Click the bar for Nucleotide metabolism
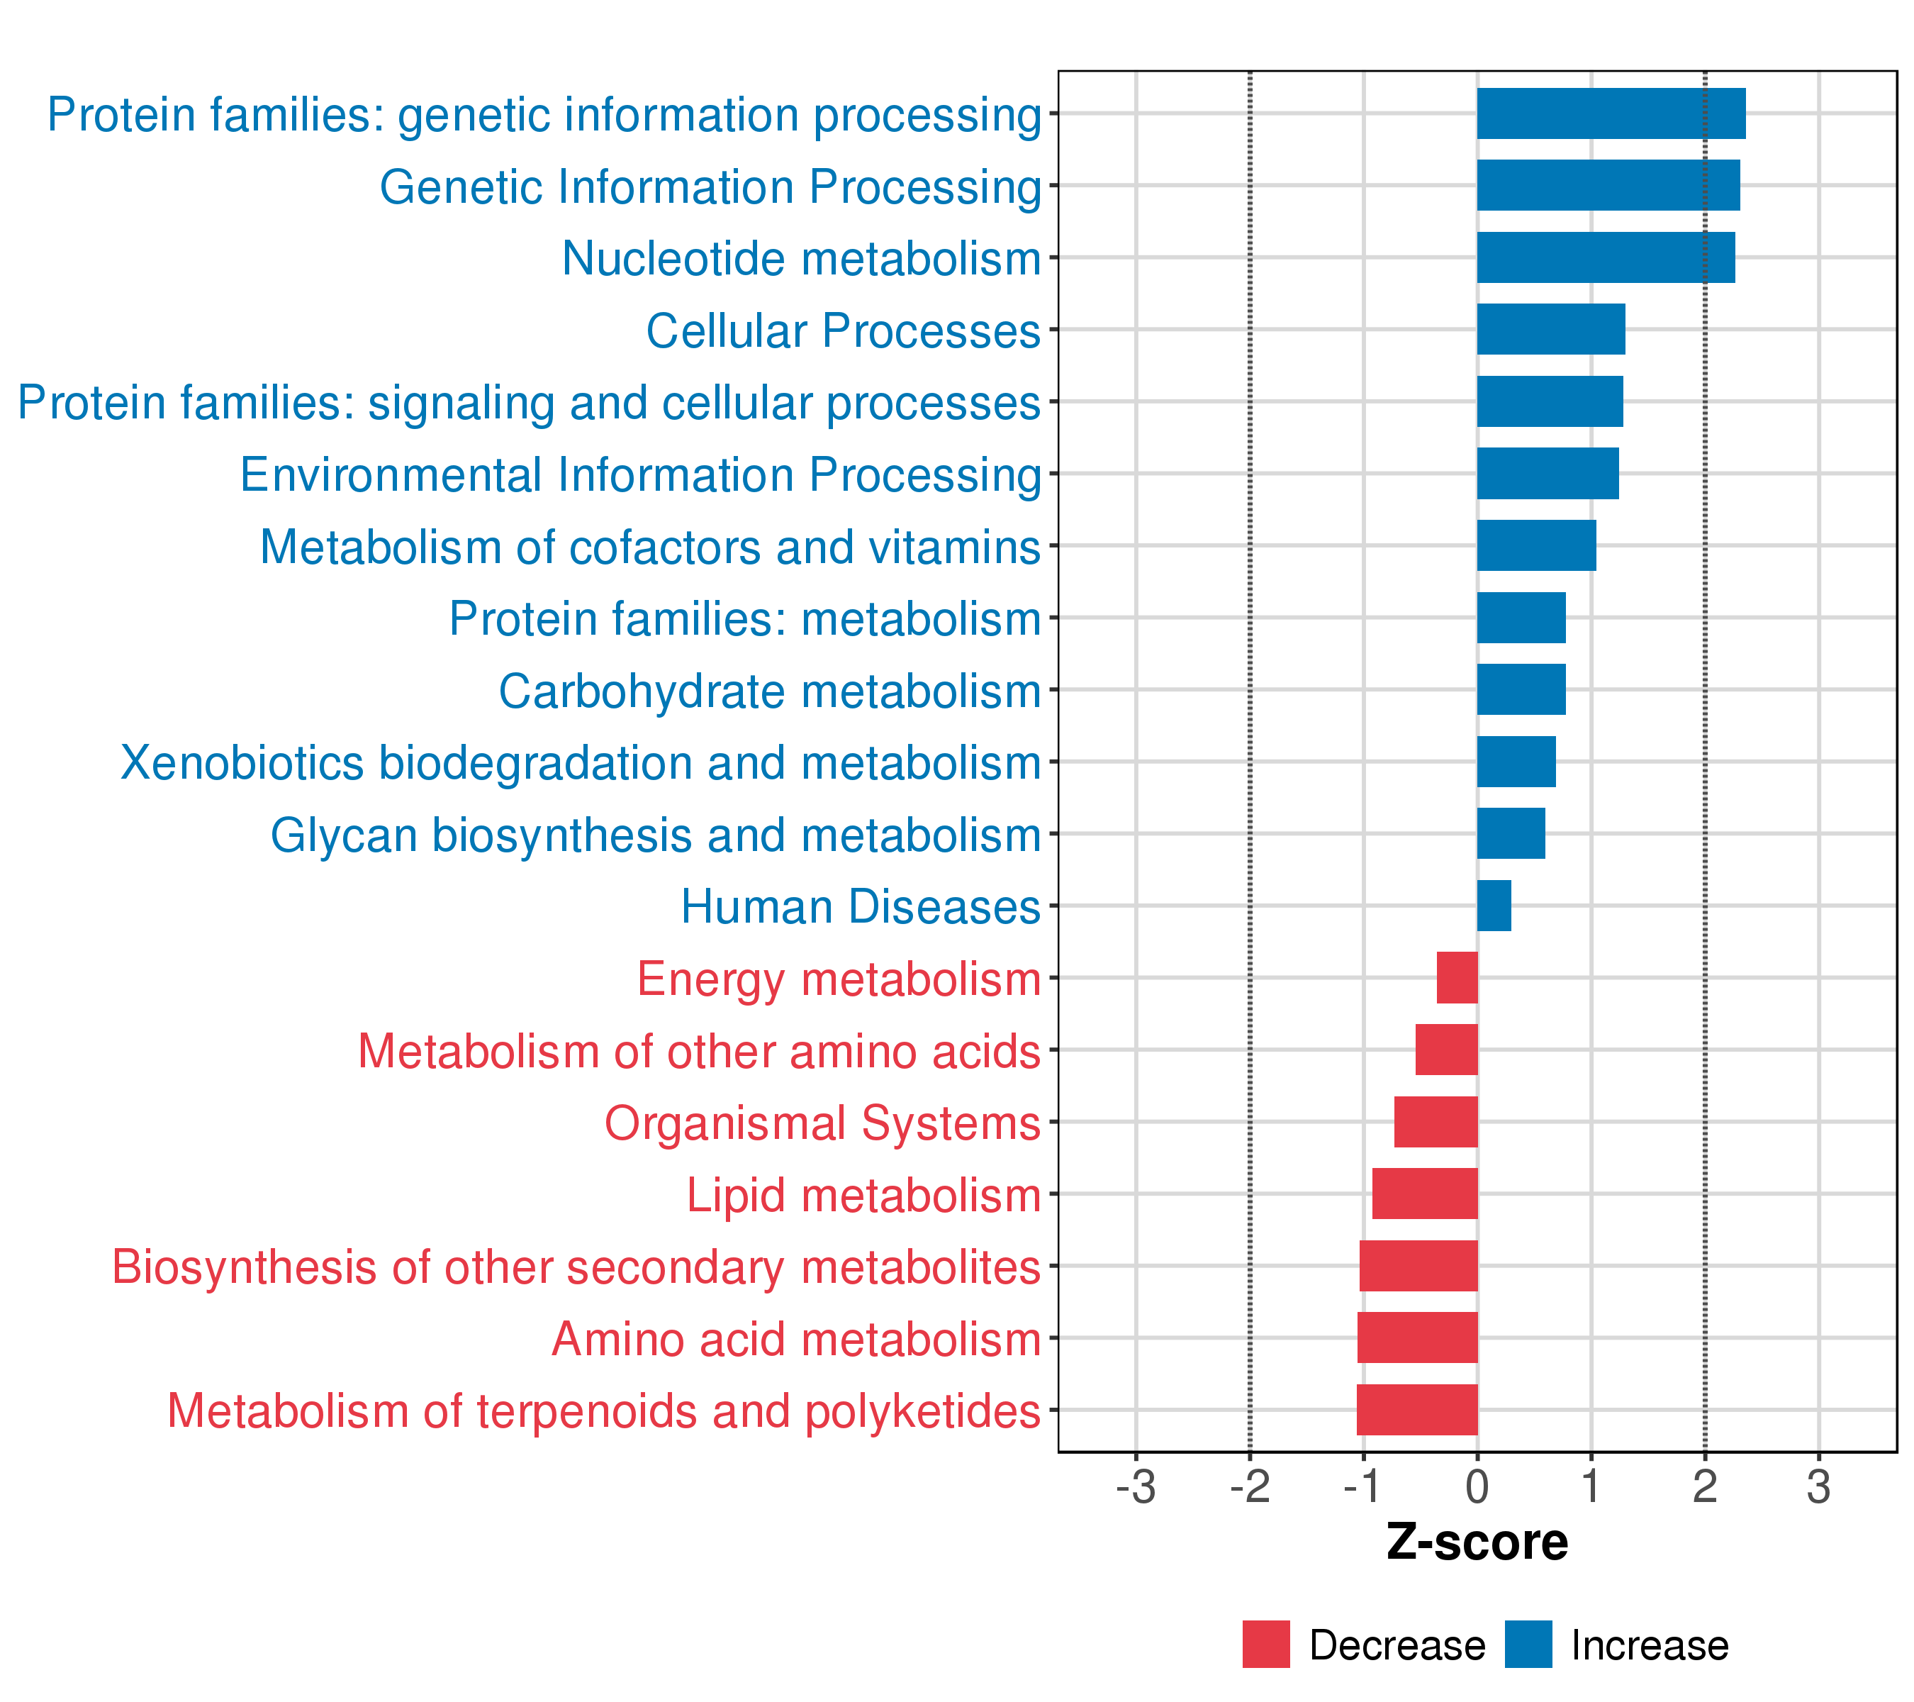1605,257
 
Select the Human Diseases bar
1494,906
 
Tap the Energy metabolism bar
1457,978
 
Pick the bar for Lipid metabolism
1424,1194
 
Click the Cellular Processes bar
1550,330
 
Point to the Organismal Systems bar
1435,1122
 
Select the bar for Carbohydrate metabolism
1521,689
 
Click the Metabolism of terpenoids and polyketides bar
1417,1410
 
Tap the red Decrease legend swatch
1266,1644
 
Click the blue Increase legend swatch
1528,1644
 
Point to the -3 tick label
1135,1489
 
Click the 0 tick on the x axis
1477,1489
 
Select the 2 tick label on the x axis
1704,1489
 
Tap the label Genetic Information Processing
710,187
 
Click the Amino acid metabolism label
796,1340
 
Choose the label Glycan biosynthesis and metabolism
656,835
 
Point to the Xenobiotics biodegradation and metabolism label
581,763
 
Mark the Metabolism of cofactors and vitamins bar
1535,545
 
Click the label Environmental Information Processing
641,475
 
